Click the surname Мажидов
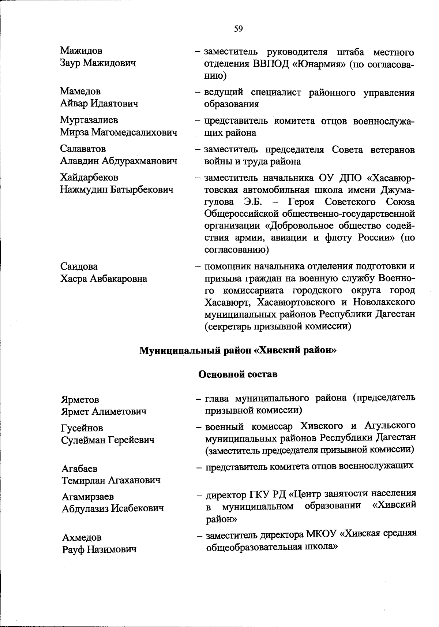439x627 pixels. (x=81, y=51)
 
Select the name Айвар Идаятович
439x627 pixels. (x=99, y=104)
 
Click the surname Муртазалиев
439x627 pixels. (x=89, y=120)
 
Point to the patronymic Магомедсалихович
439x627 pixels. (x=134, y=132)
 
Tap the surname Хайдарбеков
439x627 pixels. (x=89, y=178)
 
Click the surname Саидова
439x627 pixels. (x=79, y=266)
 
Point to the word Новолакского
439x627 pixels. (x=384, y=302)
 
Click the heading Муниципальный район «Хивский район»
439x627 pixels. (x=238, y=351)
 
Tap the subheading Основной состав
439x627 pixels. (x=238, y=374)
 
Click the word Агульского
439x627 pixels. (x=390, y=426)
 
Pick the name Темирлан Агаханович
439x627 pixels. (x=111, y=480)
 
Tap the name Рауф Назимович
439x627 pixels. (x=100, y=549)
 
